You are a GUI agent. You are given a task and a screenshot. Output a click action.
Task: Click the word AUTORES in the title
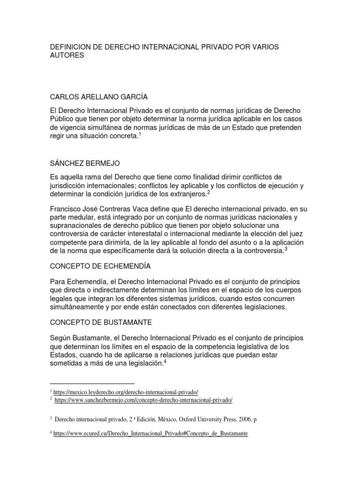pos(67,55)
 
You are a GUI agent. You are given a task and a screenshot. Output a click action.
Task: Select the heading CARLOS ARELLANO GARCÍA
pos(98,97)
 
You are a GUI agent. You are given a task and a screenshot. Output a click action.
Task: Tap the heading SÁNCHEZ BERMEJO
pos(84,163)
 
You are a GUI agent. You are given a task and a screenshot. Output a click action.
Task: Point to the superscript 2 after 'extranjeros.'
pos(209,192)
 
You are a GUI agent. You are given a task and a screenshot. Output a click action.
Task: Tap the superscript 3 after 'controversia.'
pos(285,249)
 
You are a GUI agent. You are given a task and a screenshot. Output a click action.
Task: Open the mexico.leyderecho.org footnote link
pos(126,391)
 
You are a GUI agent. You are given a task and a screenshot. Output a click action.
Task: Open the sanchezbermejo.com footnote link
pos(143,400)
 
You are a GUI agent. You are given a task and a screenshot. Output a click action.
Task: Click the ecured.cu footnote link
pos(150,434)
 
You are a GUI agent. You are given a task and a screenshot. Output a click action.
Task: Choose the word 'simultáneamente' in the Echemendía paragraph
pos(79,307)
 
